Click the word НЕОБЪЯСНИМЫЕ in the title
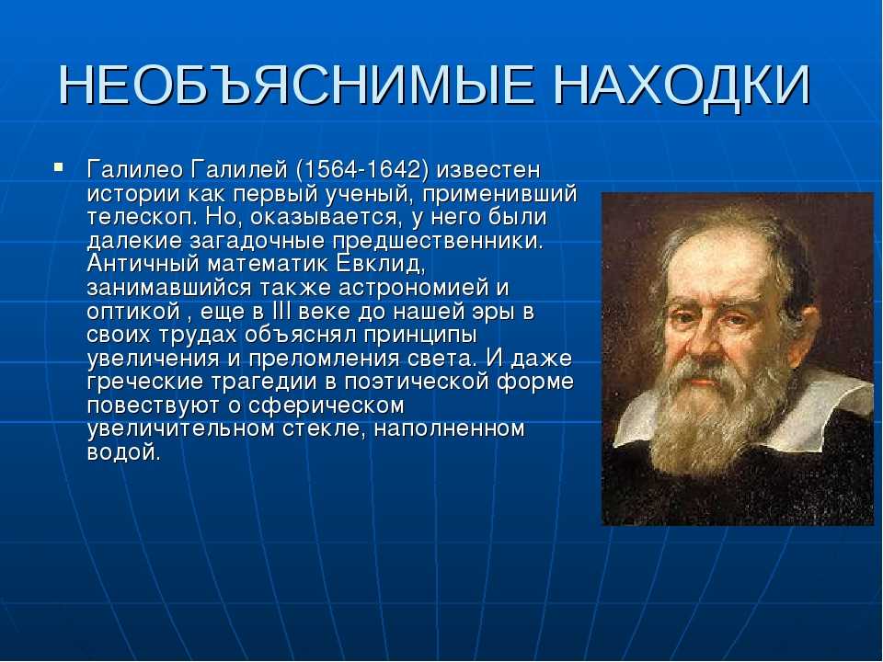295,86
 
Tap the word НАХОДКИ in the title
681,86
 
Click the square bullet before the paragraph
59,167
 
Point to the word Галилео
136,170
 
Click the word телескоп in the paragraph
142,217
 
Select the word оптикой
132,313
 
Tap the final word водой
124,453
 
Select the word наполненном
450,429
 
